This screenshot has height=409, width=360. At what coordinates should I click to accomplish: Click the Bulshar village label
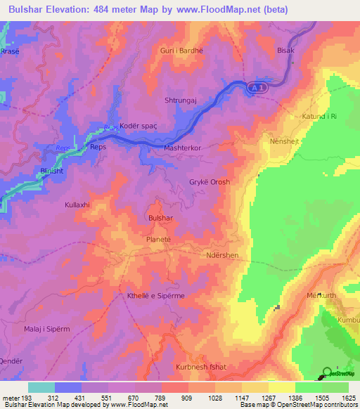pyautogui.click(x=160, y=219)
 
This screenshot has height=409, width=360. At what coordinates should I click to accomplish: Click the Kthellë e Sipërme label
pyautogui.click(x=155, y=296)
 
